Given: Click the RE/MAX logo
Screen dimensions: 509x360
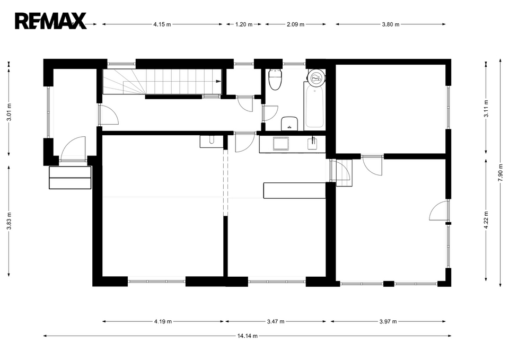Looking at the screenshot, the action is pos(51,21).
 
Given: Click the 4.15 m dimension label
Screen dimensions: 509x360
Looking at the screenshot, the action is pos(162,24).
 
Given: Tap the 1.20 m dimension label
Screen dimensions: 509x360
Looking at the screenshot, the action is pos(244,24).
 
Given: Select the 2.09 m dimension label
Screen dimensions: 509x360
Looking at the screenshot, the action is pos(295,24).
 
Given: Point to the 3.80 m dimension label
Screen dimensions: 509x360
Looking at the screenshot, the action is pos(391,24).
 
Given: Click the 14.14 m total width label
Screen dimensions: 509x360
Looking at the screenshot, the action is pos(248,336).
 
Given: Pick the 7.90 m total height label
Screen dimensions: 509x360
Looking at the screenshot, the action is pos(500,173).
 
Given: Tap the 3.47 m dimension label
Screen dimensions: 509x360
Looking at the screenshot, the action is pos(276,322).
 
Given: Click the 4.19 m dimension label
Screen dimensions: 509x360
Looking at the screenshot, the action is pos(163,322).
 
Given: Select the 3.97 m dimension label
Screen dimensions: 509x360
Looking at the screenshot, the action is pos(388,322).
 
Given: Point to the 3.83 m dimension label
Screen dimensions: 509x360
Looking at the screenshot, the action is pos(9,221).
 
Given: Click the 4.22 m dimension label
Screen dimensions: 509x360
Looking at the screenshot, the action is pos(486,220).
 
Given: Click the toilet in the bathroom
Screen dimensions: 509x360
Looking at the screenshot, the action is pos(276,80).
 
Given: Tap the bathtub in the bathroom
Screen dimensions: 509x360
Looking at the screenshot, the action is pos(314,104).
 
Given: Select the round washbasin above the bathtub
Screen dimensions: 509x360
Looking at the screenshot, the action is pos(315,77).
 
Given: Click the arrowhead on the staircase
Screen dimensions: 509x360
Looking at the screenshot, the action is pos(219,81).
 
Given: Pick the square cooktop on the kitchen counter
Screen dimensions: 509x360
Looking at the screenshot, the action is pos(281,144).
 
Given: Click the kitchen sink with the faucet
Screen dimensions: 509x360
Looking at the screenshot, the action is pos(312,144).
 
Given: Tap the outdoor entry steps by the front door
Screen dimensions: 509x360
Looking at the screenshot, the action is pos(70,178).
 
